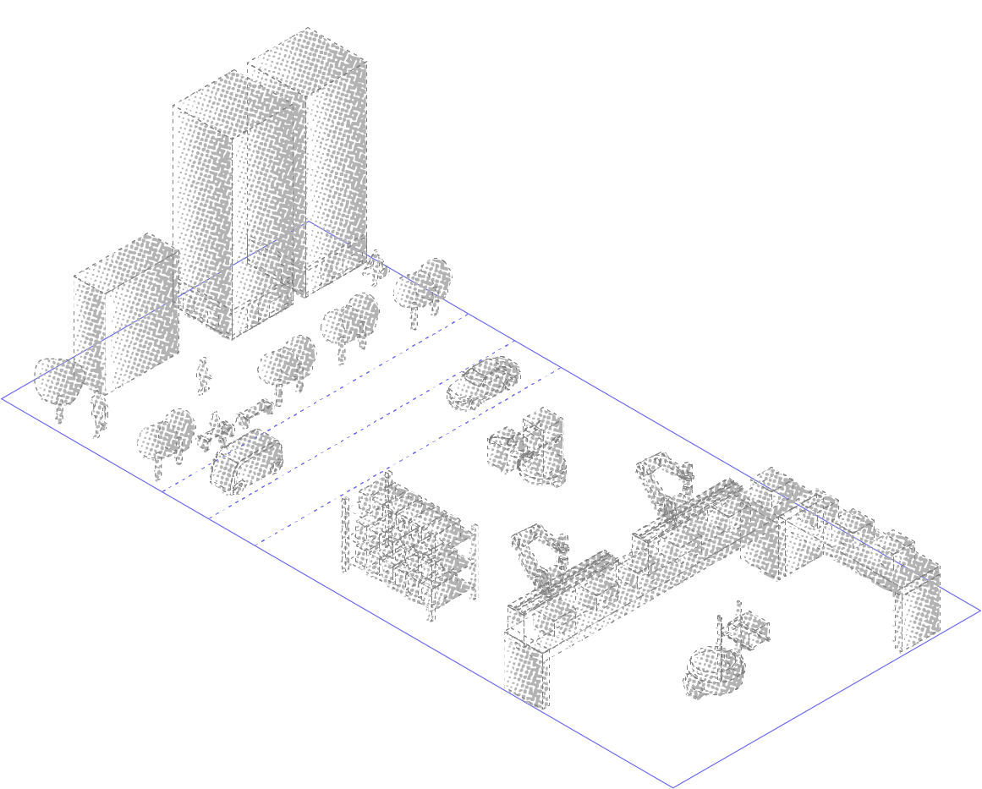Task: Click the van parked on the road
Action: pyautogui.click(x=246, y=461)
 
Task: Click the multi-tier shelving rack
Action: pyautogui.click(x=409, y=541)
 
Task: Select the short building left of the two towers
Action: pyautogui.click(x=127, y=317)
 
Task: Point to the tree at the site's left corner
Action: pyautogui.click(x=58, y=381)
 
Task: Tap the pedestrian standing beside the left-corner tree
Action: pyautogui.click(x=99, y=414)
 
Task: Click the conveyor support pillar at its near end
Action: pyautogui.click(x=526, y=668)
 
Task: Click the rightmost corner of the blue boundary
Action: pyautogui.click(x=979, y=610)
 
